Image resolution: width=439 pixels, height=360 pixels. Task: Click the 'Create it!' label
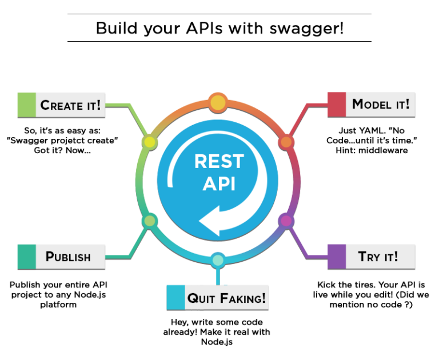[70, 105]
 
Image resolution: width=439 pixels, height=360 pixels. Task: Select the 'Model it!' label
[380, 104]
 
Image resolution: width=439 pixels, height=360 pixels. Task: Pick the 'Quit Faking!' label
[226, 297]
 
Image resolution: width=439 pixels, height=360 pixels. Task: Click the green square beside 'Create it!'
[26, 105]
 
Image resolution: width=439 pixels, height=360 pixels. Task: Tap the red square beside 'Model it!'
[337, 104]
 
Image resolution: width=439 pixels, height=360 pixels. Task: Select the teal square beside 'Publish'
[26, 256]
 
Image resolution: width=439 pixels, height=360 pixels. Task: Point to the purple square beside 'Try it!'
[337, 256]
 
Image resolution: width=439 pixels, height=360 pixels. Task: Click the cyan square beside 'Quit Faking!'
[175, 297]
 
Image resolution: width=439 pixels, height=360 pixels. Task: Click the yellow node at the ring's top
[218, 103]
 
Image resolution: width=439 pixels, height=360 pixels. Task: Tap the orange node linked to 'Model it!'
[286, 142]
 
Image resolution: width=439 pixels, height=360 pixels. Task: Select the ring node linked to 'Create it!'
[149, 142]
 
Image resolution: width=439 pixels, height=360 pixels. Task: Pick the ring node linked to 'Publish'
[149, 221]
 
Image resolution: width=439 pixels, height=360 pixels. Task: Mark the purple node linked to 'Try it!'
[285, 220]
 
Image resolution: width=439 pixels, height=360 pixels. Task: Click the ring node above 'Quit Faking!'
[218, 260]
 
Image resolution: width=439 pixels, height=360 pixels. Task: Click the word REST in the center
[219, 162]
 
